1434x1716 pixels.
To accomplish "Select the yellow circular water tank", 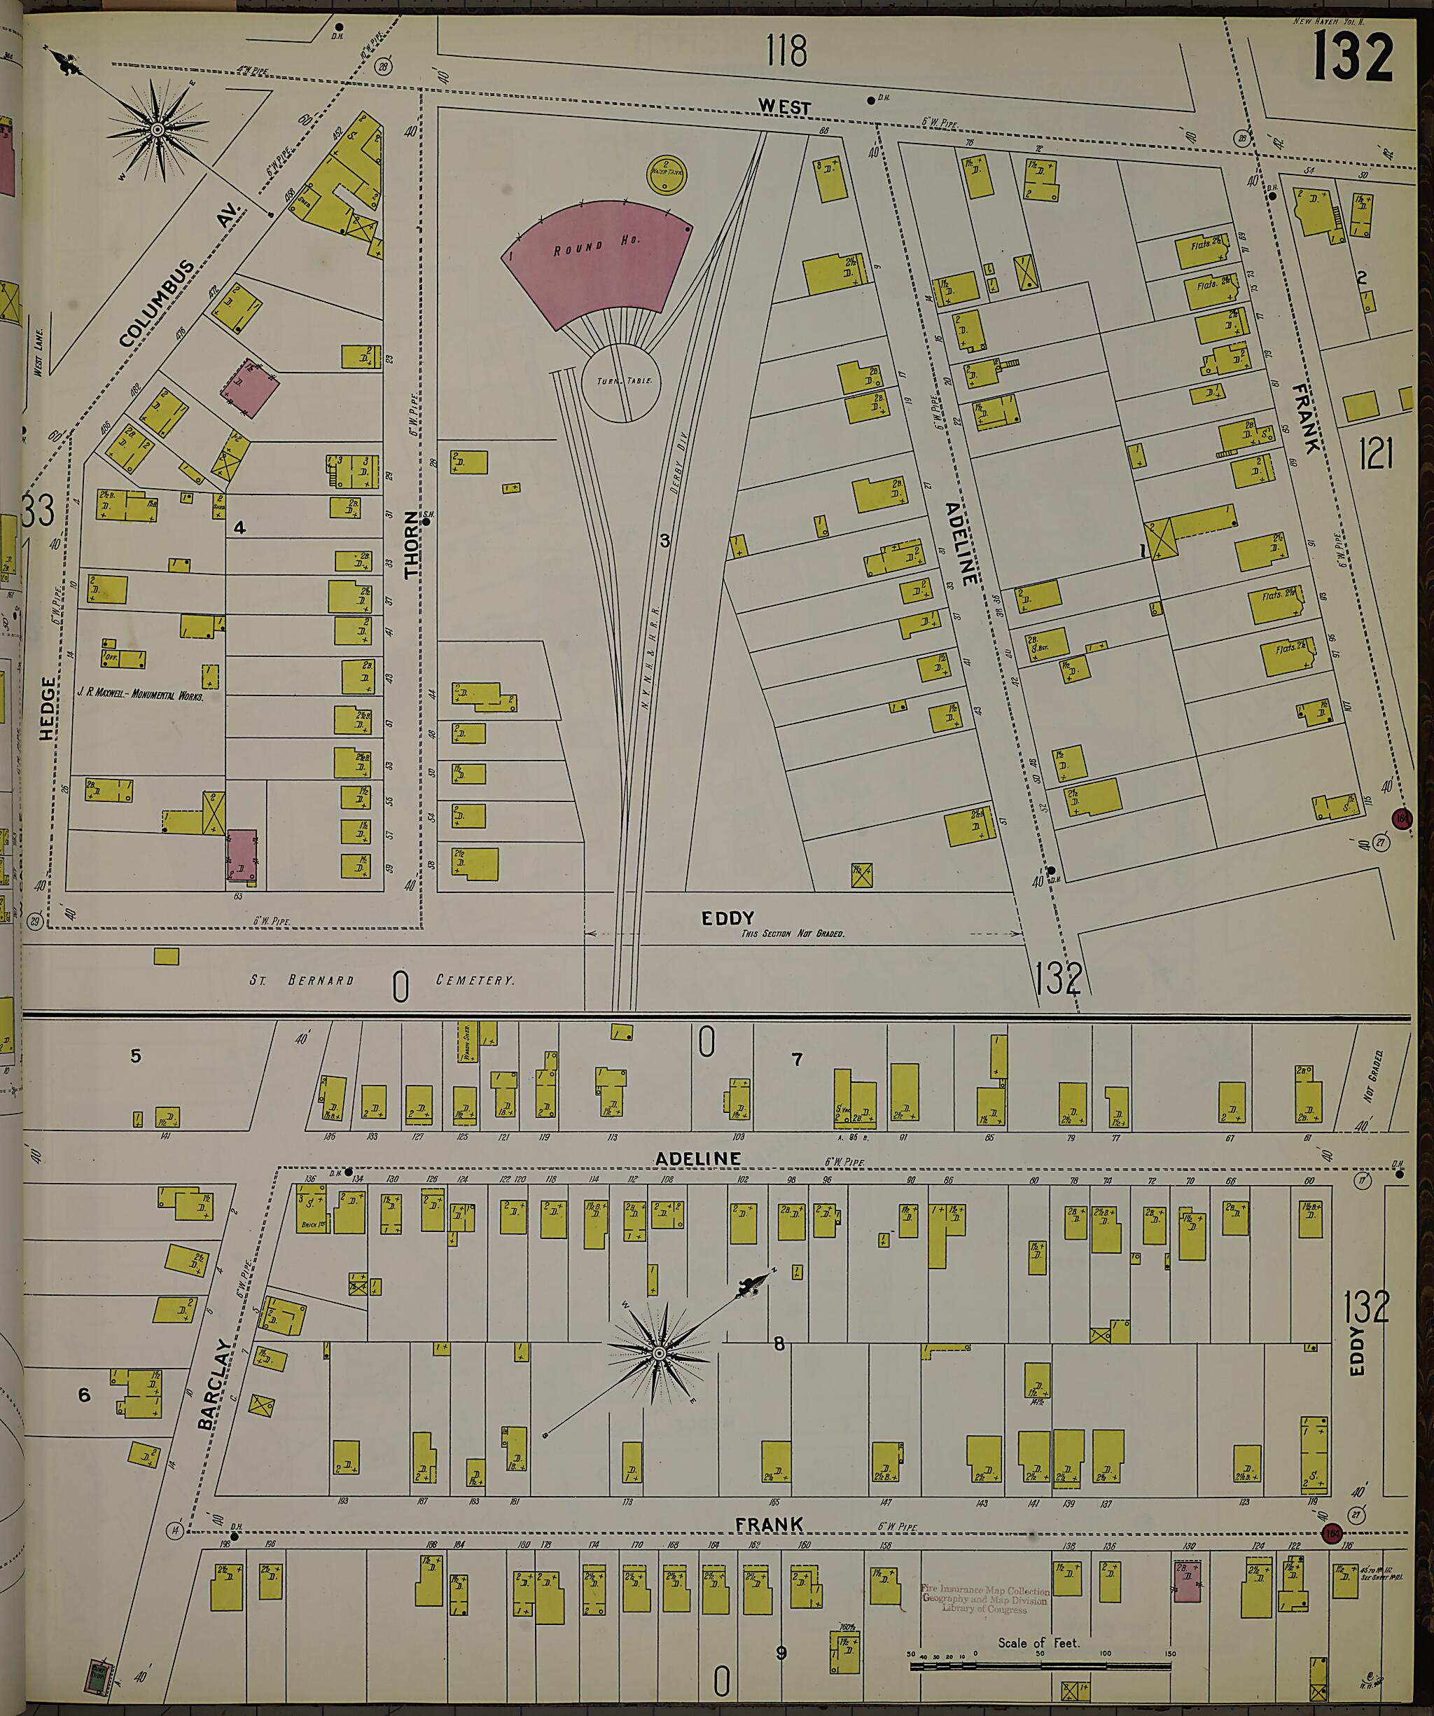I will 666,173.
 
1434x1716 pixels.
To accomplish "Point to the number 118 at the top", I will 786,50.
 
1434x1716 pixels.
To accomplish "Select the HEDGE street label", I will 48,709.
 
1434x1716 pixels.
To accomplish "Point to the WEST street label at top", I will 784,107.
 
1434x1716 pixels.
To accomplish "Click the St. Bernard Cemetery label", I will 382,980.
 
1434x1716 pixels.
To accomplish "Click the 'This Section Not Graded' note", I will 793,933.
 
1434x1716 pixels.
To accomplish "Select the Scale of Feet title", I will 1038,1642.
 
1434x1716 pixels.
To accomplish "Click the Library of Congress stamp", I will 984,1599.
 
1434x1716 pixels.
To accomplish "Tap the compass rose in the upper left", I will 158,128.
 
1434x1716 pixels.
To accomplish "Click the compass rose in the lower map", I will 660,1353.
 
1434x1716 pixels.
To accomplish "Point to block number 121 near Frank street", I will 1375,452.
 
